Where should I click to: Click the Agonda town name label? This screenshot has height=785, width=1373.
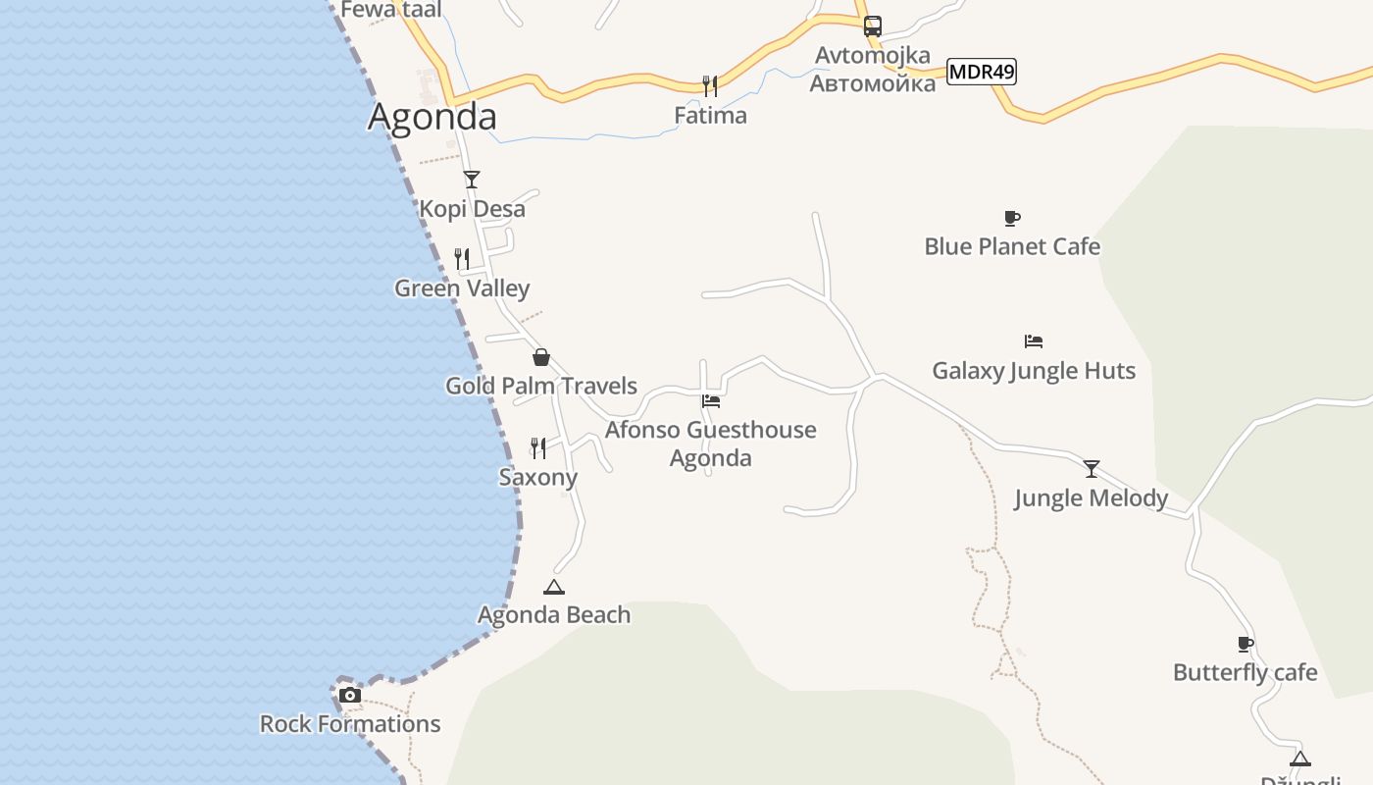pyautogui.click(x=432, y=117)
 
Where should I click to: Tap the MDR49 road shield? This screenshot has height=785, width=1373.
pyautogui.click(x=981, y=71)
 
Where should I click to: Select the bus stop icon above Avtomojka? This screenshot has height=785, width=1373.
pyautogui.click(x=872, y=26)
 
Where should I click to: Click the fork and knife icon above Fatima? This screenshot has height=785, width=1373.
pyautogui.click(x=710, y=86)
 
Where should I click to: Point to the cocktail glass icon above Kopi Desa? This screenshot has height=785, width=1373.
pyautogui.click(x=472, y=180)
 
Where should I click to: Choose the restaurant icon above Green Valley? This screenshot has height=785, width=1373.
pyautogui.click(x=462, y=259)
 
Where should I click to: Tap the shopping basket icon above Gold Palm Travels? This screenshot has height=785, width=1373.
pyautogui.click(x=540, y=357)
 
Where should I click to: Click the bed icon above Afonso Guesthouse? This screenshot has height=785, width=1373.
pyautogui.click(x=711, y=400)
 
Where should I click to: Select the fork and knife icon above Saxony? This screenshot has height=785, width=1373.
pyautogui.click(x=537, y=448)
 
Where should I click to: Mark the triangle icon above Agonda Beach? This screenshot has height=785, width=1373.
pyautogui.click(x=554, y=587)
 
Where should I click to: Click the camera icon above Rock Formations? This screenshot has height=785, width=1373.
pyautogui.click(x=349, y=696)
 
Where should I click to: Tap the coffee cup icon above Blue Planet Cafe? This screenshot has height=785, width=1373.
pyautogui.click(x=1012, y=218)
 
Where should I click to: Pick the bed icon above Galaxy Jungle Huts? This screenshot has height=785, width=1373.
pyautogui.click(x=1033, y=341)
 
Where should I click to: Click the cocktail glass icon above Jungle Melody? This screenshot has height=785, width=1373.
pyautogui.click(x=1091, y=469)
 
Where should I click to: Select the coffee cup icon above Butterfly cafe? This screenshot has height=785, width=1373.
pyautogui.click(x=1246, y=645)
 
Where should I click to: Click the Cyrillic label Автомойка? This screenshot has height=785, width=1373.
pyautogui.click(x=872, y=82)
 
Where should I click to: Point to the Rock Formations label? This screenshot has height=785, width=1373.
pyautogui.click(x=349, y=724)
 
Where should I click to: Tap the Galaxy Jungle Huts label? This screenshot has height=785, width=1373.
pyautogui.click(x=1034, y=371)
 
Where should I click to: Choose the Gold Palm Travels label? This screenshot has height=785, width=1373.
pyautogui.click(x=541, y=386)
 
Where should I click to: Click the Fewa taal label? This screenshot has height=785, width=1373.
pyautogui.click(x=391, y=10)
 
